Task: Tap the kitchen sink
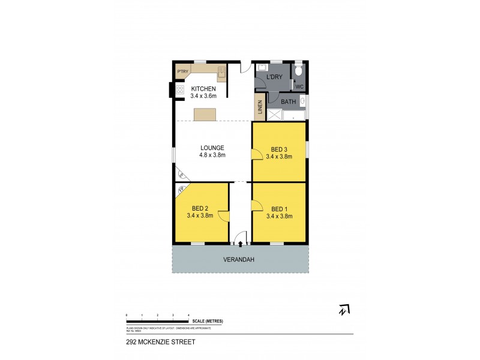(221, 74)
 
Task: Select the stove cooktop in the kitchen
(179, 90)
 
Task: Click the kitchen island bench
(204, 114)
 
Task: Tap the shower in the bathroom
(275, 115)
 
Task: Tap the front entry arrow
(241, 244)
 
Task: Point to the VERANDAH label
(240, 259)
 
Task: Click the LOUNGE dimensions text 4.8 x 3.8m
(212, 155)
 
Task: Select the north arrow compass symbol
(344, 310)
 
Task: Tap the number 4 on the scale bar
(188, 315)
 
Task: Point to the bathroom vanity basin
(303, 101)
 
